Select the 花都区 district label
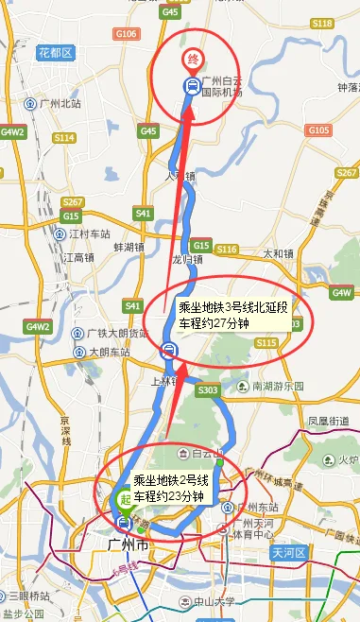(55, 52)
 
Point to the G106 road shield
(126, 34)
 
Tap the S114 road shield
(63, 137)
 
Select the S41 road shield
(144, 214)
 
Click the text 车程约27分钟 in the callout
(214, 322)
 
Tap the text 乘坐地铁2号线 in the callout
(168, 478)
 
